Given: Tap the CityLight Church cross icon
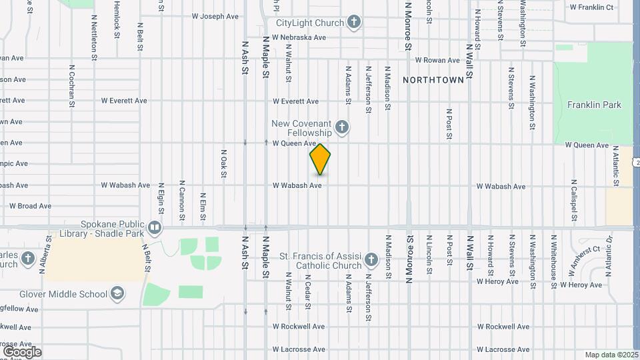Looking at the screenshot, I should (354, 23).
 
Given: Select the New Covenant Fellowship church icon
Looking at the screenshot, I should (341, 127).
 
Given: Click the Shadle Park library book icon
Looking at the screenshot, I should (155, 228).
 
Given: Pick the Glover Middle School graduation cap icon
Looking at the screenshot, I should (117, 294).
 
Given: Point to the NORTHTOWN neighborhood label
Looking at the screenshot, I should (433, 80).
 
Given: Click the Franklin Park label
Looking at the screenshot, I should (594, 105).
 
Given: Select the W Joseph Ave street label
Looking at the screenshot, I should (215, 16).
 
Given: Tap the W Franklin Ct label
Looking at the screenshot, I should (591, 7).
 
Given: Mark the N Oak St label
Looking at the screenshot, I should (223, 163).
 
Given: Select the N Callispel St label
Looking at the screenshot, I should (573, 200).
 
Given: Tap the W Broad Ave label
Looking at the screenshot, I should (30, 206).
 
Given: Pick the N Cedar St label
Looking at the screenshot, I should (309, 291).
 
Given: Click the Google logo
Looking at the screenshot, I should (22, 351).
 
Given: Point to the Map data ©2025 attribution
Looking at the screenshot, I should (611, 355).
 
